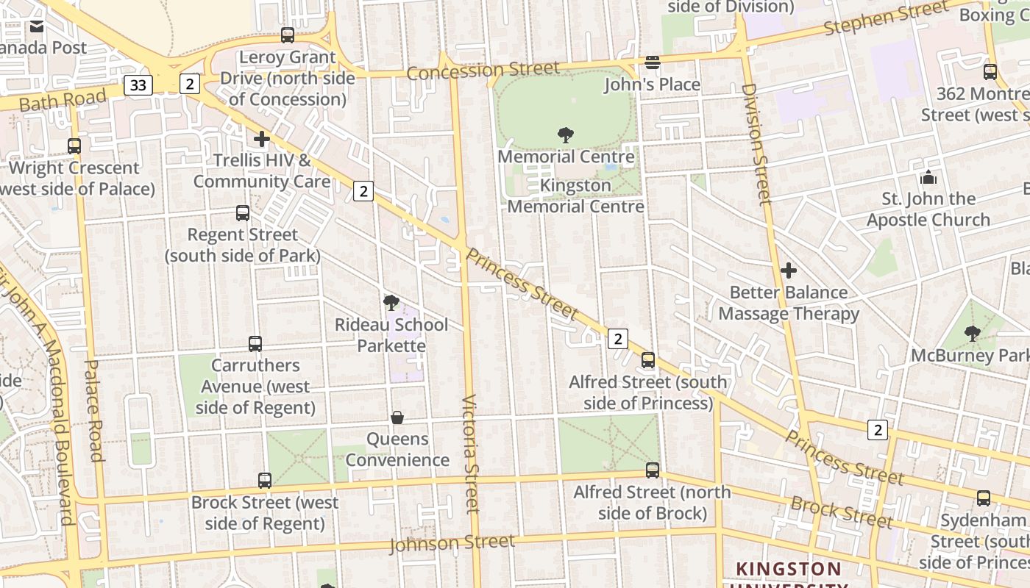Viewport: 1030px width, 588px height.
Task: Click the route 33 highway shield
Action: click(138, 85)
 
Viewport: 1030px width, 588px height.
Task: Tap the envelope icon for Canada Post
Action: click(36, 27)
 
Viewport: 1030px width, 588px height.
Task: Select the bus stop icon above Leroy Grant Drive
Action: click(288, 35)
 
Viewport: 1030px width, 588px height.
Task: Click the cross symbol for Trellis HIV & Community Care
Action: click(262, 138)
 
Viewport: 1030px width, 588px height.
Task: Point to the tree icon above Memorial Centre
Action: click(566, 135)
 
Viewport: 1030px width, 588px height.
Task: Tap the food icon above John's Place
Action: click(653, 62)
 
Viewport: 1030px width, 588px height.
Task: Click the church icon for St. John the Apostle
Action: click(928, 178)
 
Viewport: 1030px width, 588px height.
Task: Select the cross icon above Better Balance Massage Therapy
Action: click(789, 270)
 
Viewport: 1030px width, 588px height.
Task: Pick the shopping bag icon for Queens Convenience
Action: click(397, 417)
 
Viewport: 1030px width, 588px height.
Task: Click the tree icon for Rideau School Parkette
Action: click(391, 303)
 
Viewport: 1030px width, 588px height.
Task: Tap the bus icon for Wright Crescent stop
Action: click(74, 146)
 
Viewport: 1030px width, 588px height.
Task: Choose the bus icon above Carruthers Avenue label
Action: click(255, 344)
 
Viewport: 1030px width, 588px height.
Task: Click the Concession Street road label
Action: click(483, 71)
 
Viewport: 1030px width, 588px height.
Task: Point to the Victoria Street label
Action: click(471, 453)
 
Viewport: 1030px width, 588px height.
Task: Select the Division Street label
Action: click(756, 143)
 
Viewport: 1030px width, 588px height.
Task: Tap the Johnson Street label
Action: click(452, 543)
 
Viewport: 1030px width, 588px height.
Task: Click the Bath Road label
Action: click(63, 100)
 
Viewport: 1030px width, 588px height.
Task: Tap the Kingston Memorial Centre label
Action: click(575, 196)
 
